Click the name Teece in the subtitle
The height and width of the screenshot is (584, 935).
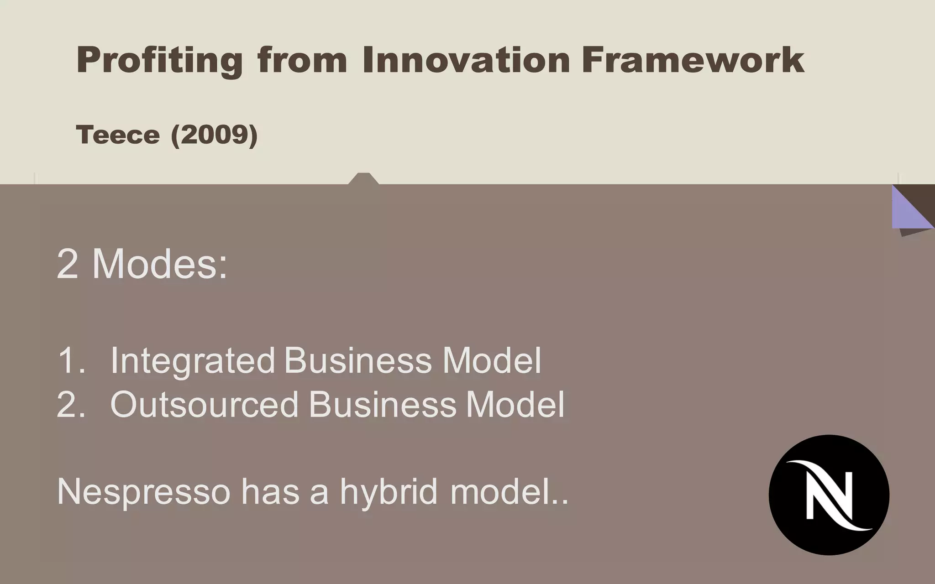pyautogui.click(x=118, y=135)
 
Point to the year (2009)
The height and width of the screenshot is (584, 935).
pyautogui.click(x=214, y=135)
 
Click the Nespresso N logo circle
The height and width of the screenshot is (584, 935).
pyautogui.click(x=829, y=495)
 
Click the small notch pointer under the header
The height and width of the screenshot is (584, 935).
pyautogui.click(x=363, y=179)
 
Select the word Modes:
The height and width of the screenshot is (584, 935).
pyautogui.click(x=160, y=265)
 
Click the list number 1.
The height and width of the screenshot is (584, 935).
pyautogui.click(x=71, y=360)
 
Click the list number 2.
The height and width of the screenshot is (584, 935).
pyautogui.click(x=71, y=404)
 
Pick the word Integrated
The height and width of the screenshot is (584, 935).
pyautogui.click(x=192, y=360)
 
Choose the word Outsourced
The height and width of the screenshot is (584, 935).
pyautogui.click(x=204, y=404)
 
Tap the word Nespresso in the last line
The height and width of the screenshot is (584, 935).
pyautogui.click(x=143, y=492)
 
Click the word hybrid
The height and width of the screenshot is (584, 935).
pyautogui.click(x=389, y=492)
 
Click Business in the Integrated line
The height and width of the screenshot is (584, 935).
pyautogui.click(x=357, y=360)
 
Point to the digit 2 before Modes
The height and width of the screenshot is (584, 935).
pyautogui.click(x=67, y=265)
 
